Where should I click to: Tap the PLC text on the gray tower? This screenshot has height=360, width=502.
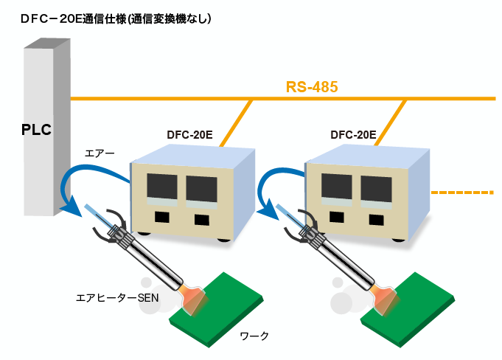[35, 131]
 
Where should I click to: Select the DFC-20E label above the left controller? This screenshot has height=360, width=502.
[190, 135]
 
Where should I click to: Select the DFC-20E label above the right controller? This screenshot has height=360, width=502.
[353, 135]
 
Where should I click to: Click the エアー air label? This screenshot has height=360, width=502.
[100, 153]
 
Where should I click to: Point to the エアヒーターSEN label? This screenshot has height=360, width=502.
[117, 297]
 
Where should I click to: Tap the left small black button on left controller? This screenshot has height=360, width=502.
[161, 218]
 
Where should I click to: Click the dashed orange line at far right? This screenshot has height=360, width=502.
[461, 193]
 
